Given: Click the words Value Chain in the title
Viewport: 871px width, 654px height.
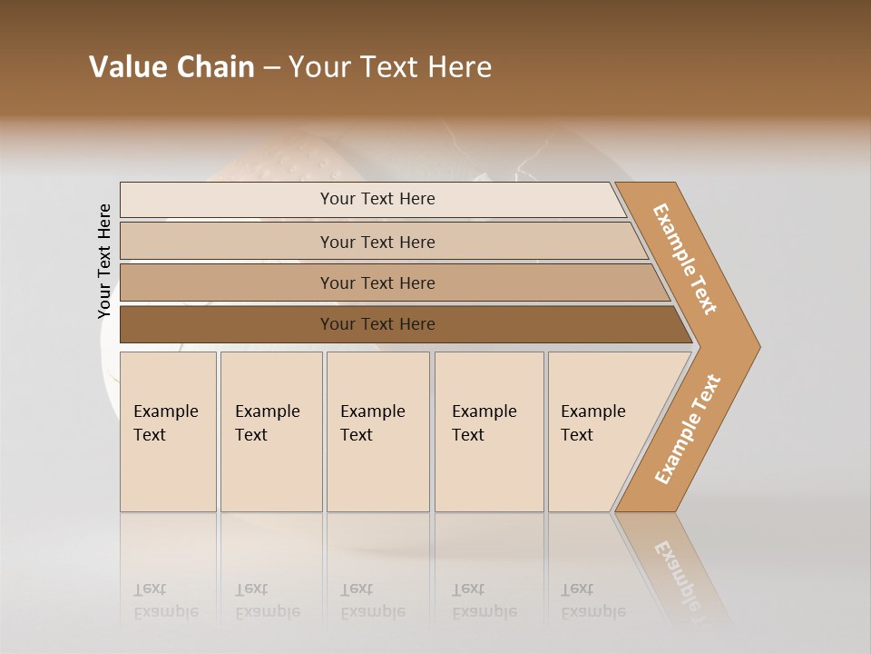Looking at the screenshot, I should click(171, 67).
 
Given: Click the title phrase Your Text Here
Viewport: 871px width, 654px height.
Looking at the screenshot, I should click(390, 67).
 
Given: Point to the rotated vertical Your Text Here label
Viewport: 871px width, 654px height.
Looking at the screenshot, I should click(104, 262).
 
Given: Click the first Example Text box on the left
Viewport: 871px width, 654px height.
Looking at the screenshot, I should click(168, 431).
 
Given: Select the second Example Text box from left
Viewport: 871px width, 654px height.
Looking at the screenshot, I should click(270, 431).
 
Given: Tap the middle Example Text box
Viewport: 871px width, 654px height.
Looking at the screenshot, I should click(377, 431).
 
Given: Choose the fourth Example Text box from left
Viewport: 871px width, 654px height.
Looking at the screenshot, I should click(489, 431).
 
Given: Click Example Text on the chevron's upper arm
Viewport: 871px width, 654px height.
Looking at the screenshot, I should click(685, 258).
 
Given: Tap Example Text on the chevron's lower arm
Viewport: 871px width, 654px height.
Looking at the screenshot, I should click(688, 429).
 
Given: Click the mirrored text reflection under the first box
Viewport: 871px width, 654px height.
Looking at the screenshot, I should click(165, 600).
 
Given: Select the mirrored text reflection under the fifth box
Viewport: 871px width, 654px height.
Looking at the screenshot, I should click(592, 600).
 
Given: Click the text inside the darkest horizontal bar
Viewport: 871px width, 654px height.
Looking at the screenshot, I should click(377, 324).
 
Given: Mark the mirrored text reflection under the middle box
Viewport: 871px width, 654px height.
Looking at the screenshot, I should click(372, 600).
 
